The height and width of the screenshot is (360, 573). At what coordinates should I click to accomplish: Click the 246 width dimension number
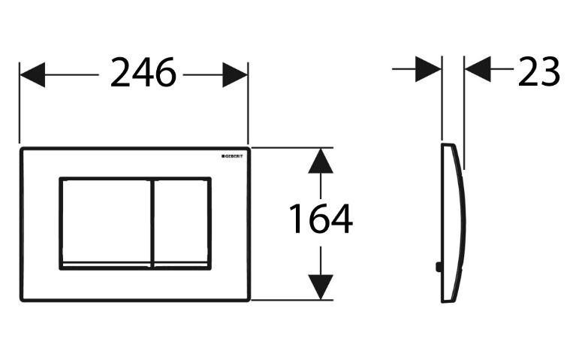(143, 73)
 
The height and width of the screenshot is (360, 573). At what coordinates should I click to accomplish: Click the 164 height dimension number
(321, 219)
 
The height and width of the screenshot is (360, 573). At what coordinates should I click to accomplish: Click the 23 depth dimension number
(538, 71)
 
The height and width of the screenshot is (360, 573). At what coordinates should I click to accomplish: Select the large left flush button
(104, 221)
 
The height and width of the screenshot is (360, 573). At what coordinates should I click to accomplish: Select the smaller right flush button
(181, 221)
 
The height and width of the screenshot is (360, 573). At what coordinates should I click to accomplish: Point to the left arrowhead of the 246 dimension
(32, 74)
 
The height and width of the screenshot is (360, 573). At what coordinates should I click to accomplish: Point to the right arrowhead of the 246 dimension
(236, 74)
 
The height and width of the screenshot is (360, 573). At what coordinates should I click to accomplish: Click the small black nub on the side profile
(436, 265)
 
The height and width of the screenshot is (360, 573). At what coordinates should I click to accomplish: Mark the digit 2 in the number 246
(121, 73)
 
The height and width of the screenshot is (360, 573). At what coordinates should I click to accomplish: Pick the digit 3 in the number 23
(550, 71)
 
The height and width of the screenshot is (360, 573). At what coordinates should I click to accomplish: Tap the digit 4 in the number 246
(143, 73)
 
